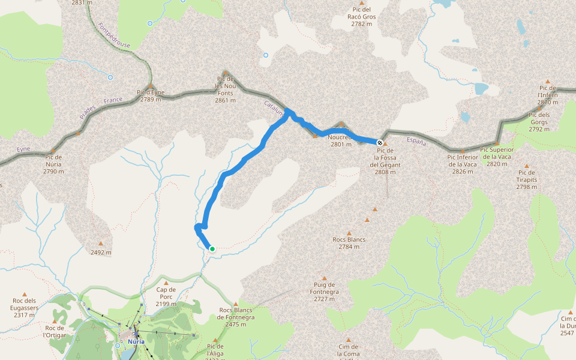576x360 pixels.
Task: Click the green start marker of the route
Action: [x=212, y=248]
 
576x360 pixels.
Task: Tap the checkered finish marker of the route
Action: [x=380, y=142]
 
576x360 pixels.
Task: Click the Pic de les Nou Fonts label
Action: [x=225, y=89]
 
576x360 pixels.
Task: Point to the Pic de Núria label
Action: [x=53, y=164]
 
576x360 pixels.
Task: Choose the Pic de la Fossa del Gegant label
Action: [x=385, y=161]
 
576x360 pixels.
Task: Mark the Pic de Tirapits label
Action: [x=527, y=179]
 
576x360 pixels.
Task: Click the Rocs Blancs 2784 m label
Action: [x=349, y=243]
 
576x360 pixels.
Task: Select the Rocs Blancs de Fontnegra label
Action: [x=236, y=317]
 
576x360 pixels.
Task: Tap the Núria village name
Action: [x=136, y=342]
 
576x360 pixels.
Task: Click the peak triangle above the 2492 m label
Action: [x=100, y=244]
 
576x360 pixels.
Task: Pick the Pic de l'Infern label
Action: [x=547, y=95]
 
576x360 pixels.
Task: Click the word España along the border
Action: [x=416, y=142]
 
